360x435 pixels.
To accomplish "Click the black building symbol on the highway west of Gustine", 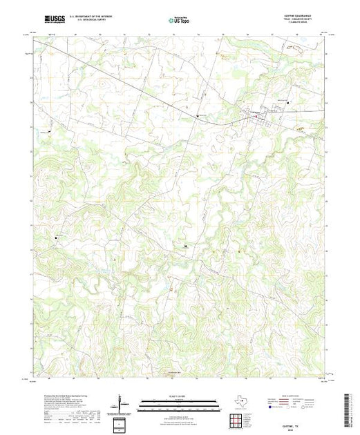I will point(199,115).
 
